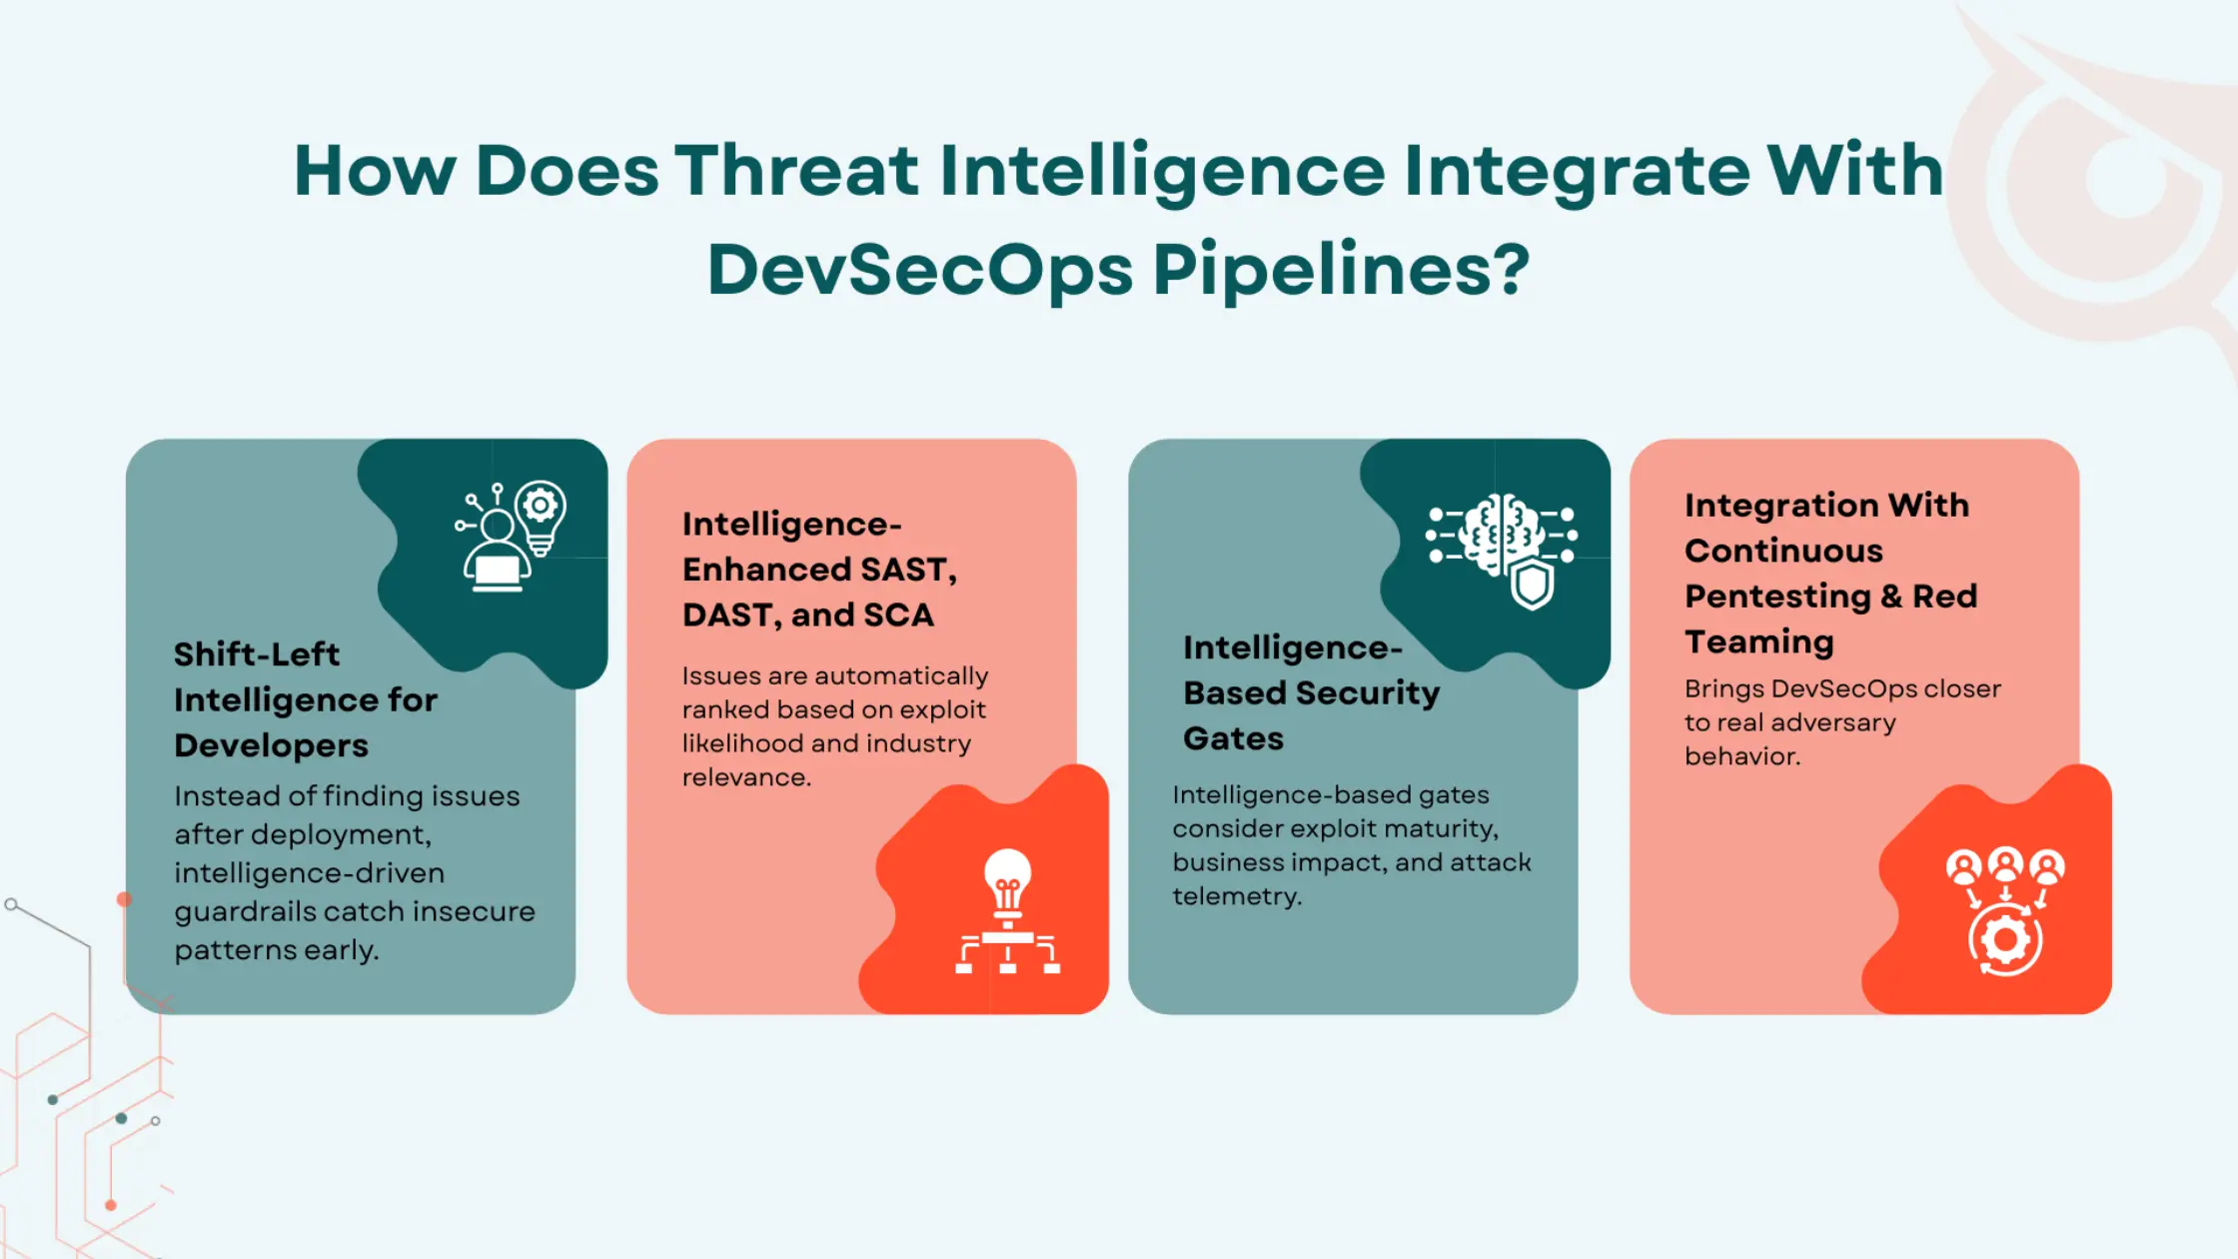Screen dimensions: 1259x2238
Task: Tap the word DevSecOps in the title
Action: tap(919, 270)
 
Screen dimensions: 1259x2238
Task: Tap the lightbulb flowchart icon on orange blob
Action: tap(1007, 910)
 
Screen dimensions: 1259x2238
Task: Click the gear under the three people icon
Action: tap(2004, 940)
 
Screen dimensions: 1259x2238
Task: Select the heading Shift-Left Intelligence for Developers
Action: tap(305, 699)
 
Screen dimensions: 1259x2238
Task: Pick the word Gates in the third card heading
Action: tap(1233, 738)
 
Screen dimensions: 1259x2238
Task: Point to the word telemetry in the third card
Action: tap(1237, 896)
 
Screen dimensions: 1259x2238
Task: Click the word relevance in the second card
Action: tap(745, 777)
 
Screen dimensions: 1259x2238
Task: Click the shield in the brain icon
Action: tap(1532, 584)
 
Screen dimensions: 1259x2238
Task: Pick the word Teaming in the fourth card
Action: tap(1758, 641)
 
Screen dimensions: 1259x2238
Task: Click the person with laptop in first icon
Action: tap(497, 555)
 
